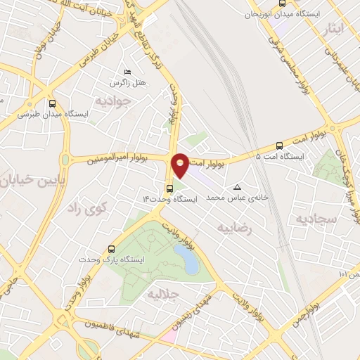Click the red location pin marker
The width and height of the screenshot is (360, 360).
tap(180, 164)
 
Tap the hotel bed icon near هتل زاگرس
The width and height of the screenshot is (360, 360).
tap(127, 72)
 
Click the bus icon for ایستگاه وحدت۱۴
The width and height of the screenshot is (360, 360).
tap(170, 188)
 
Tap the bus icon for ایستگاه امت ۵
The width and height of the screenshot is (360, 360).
tap(280, 146)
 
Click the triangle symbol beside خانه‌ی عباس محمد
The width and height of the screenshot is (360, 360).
tap(237, 187)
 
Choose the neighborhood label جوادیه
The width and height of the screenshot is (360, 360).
tap(110, 99)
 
